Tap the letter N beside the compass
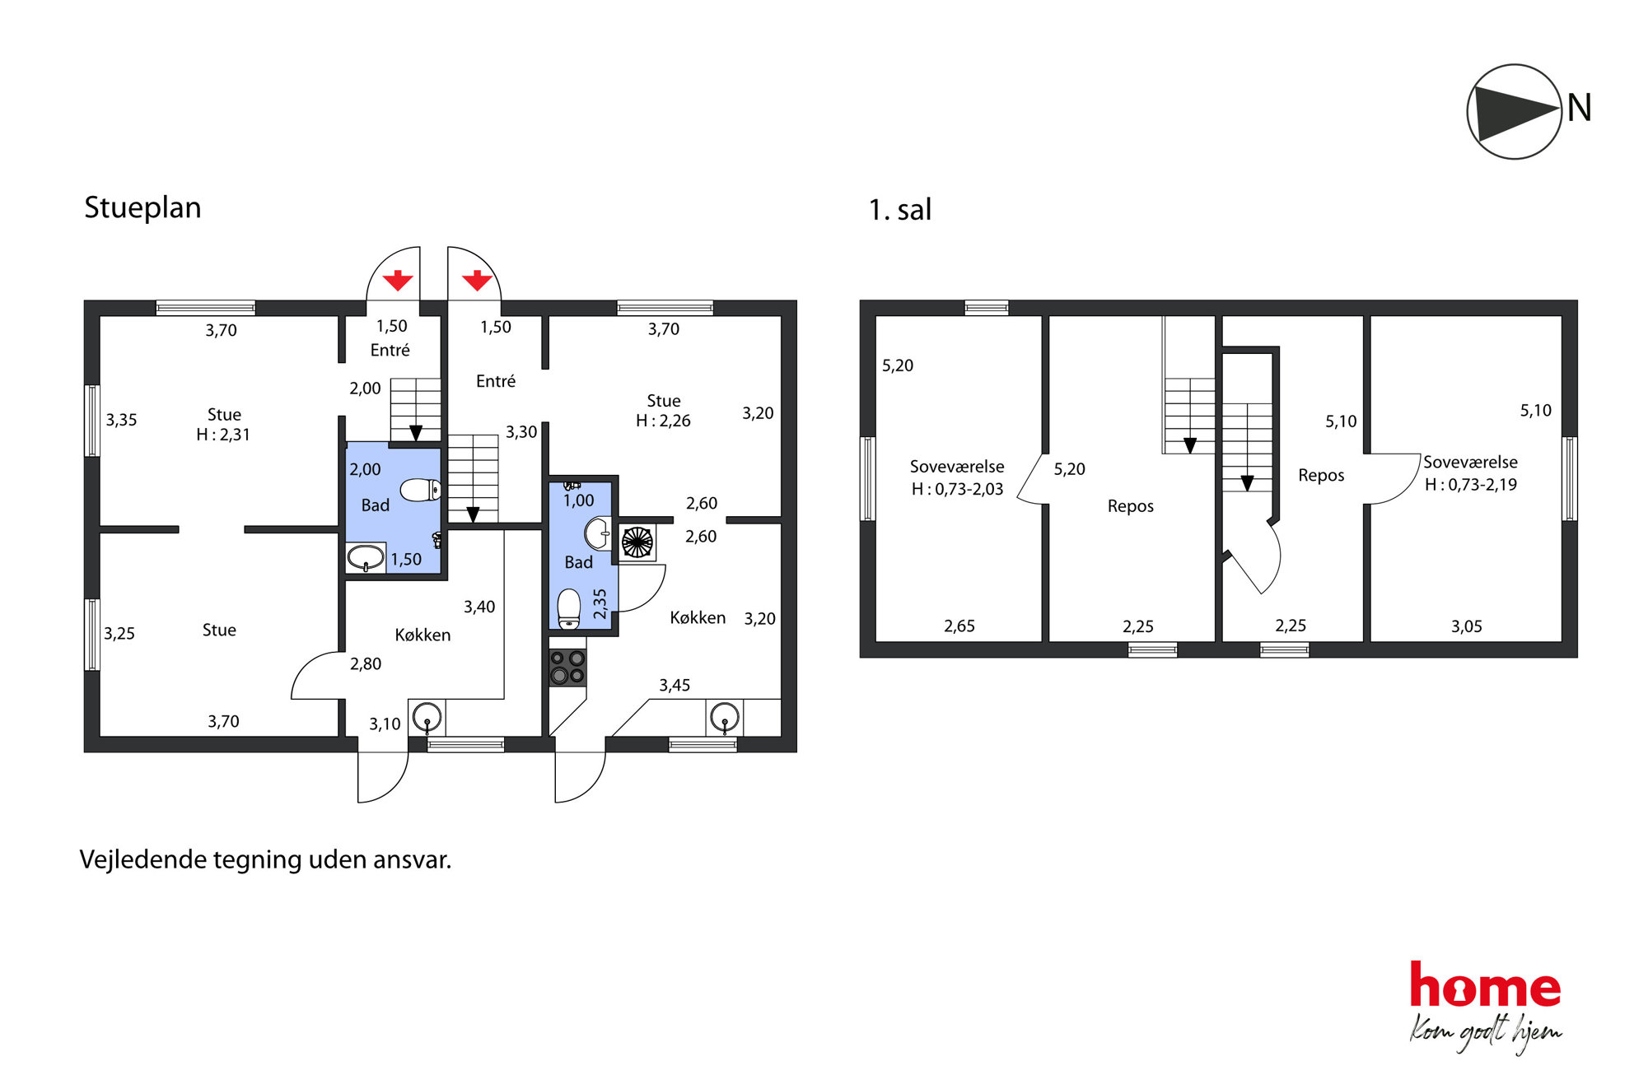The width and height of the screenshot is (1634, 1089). click(1579, 108)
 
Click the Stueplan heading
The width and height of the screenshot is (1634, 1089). click(142, 208)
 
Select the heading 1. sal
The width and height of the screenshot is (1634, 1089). click(899, 210)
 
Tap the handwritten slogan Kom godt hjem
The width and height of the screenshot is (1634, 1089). click(1485, 1034)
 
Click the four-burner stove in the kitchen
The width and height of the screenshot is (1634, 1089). click(567, 667)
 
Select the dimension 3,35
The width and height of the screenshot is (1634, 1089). click(121, 420)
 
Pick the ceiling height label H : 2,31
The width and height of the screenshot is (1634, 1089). click(222, 435)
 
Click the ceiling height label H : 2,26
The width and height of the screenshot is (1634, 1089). click(663, 421)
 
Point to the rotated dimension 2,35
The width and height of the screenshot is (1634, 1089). click(600, 604)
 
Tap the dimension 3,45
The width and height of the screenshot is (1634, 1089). click(675, 685)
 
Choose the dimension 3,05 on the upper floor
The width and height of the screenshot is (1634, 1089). click(1466, 626)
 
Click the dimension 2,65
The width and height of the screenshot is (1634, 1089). click(959, 626)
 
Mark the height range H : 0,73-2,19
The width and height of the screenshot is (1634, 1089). click(1471, 485)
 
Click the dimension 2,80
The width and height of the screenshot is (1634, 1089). click(366, 663)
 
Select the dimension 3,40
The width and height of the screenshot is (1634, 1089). click(479, 607)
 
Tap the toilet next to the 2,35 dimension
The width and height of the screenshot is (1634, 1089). click(569, 609)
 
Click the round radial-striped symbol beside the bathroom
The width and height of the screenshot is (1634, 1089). click(637, 542)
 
